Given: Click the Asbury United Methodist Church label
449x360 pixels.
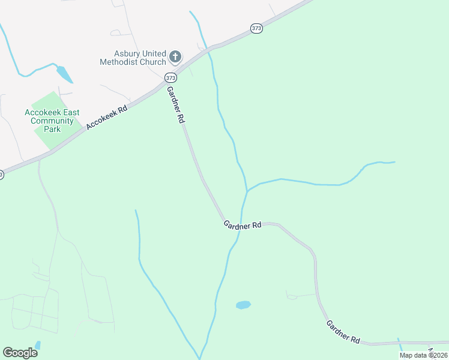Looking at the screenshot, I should (133, 58).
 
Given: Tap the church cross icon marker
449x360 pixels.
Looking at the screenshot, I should (175, 57).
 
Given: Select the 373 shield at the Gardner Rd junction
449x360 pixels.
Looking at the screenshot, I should (170, 78).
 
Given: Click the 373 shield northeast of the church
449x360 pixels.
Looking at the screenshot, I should (257, 29).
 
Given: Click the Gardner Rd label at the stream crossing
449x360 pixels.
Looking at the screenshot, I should (243, 225).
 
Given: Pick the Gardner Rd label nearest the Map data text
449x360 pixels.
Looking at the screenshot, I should (343, 331).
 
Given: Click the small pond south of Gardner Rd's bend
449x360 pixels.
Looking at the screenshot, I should (243, 305).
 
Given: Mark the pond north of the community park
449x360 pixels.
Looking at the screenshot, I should (64, 74).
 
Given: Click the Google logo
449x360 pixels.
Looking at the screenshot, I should (20, 352).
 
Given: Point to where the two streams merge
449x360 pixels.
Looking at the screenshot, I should (247, 191).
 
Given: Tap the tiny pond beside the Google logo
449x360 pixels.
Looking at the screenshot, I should (37, 345).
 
